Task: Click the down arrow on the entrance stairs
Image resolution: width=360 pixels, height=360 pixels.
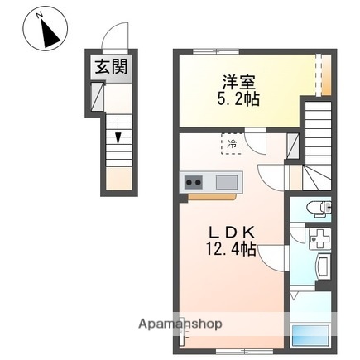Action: [118, 132]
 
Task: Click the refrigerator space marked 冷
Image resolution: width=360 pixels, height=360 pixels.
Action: [231, 144]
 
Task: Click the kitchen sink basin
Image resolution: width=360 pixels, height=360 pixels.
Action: [226, 182]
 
